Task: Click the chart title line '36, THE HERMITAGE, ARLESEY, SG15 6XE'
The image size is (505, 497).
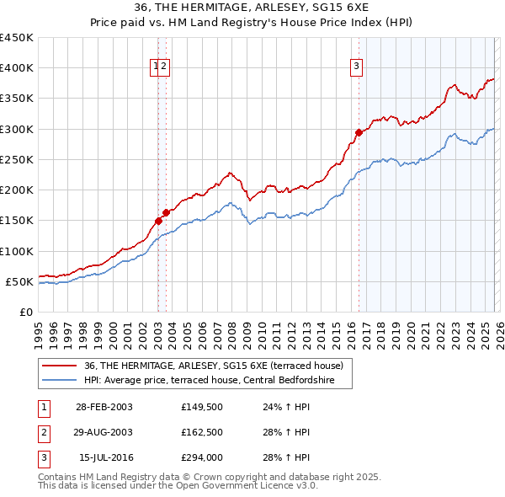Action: (252, 8)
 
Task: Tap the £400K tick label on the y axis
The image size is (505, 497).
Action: (17, 68)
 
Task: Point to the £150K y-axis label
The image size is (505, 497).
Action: (17, 220)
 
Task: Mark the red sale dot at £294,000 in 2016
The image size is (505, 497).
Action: (359, 132)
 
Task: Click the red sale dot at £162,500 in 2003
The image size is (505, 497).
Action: (166, 212)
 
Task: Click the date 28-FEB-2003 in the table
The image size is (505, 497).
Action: (104, 407)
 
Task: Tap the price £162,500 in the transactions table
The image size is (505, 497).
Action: (202, 432)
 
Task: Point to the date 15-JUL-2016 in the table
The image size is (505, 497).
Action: (104, 457)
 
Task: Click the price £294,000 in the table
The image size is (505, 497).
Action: (202, 457)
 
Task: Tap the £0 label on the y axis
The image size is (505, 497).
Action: (25, 312)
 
